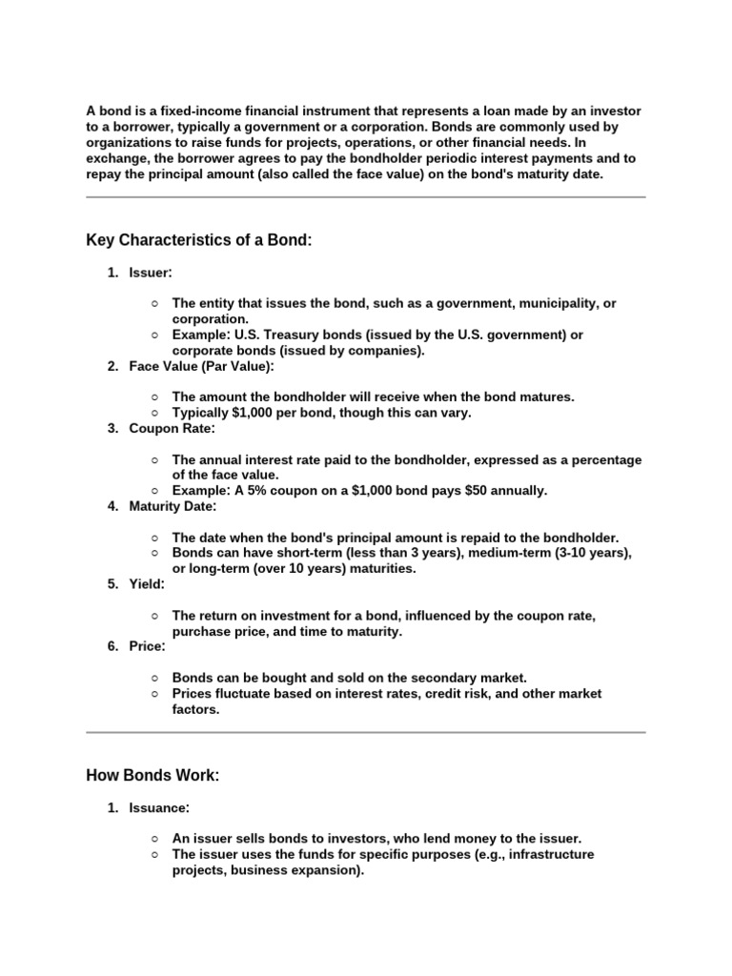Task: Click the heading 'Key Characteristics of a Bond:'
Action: tap(199, 240)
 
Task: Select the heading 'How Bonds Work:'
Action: tap(152, 776)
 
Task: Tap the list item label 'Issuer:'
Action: tap(151, 273)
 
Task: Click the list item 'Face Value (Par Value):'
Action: tap(201, 366)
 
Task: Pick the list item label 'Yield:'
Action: tap(147, 584)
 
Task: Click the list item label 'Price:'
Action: tap(148, 646)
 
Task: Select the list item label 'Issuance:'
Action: tap(159, 808)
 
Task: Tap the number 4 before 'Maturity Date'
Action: tap(112, 506)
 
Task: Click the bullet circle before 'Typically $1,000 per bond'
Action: tap(154, 413)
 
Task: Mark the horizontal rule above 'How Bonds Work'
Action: tap(366, 732)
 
